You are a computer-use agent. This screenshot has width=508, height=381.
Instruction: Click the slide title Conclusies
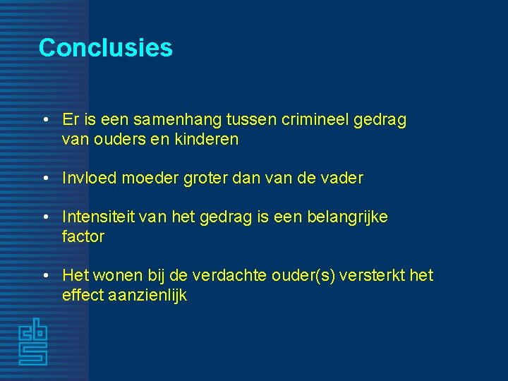(x=105, y=47)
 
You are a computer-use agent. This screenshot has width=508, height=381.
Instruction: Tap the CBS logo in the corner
(x=32, y=343)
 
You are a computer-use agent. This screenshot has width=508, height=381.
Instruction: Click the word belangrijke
(x=347, y=217)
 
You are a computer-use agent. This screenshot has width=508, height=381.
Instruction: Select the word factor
(x=83, y=236)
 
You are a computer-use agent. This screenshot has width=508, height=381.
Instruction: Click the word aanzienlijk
(x=148, y=295)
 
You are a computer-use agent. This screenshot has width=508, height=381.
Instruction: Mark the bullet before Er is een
(x=44, y=120)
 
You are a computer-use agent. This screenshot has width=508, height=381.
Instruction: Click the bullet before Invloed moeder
(x=44, y=178)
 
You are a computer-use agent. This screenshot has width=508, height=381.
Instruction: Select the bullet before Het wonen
(x=44, y=275)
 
